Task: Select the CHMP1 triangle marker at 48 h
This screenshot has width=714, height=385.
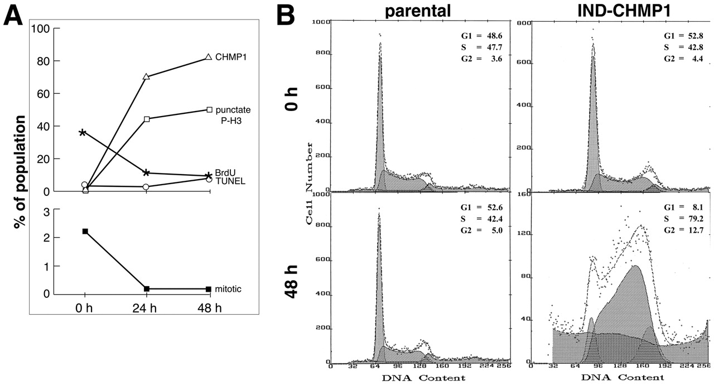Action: point(209,57)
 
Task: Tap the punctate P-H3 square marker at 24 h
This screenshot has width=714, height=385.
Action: point(147,119)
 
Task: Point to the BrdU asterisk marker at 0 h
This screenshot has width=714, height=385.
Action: point(83,133)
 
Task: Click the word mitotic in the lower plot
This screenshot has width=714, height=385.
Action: point(230,289)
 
